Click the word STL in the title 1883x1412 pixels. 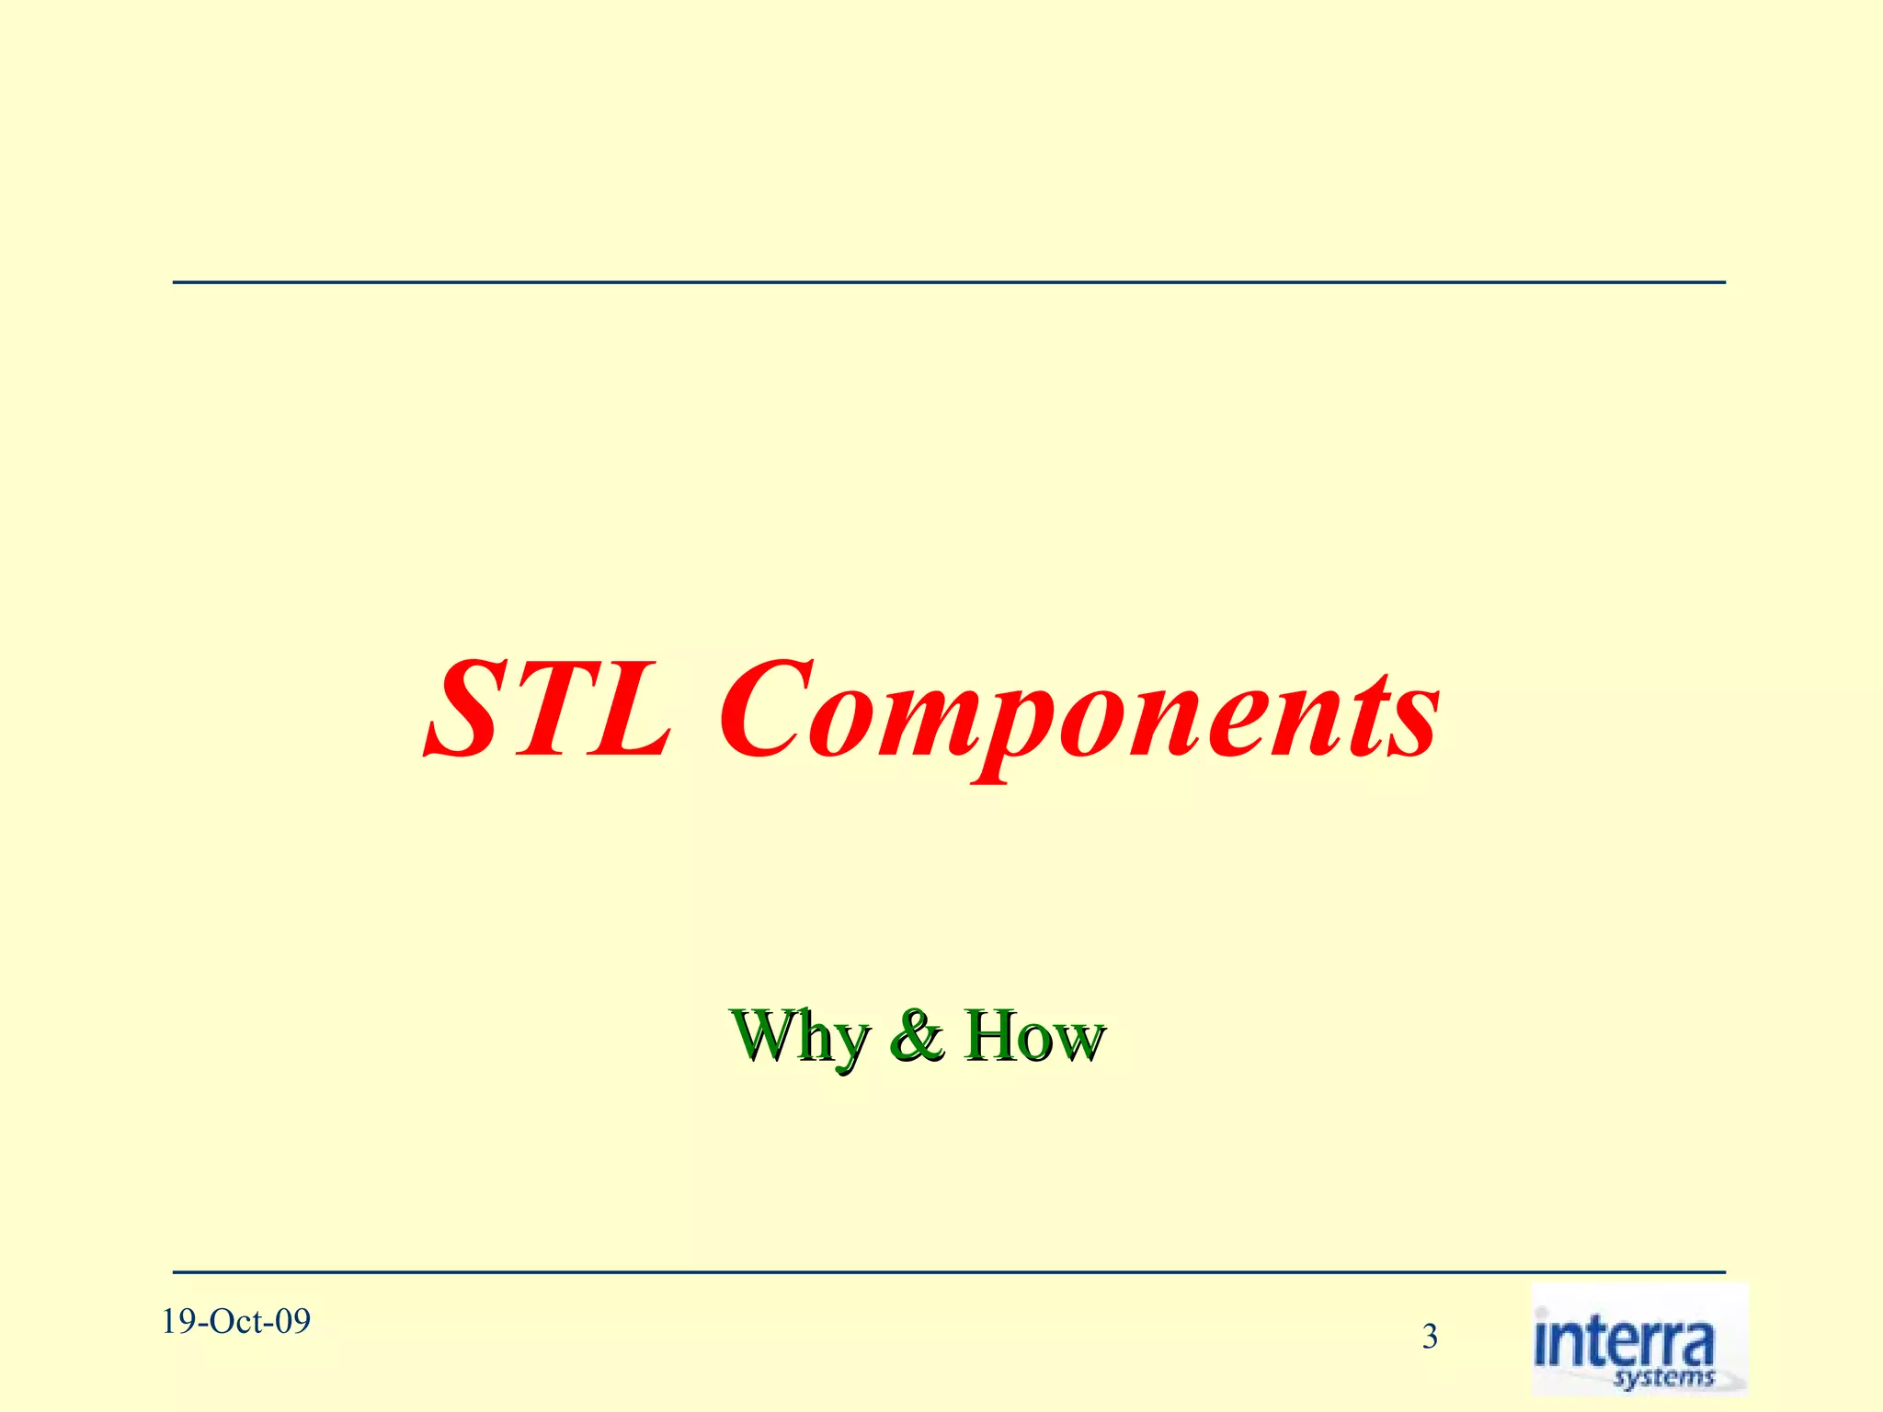549,710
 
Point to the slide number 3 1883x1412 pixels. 1430,1336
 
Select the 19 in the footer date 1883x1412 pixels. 177,1322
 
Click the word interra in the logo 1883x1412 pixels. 1624,1343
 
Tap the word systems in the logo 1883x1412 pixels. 1664,1377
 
